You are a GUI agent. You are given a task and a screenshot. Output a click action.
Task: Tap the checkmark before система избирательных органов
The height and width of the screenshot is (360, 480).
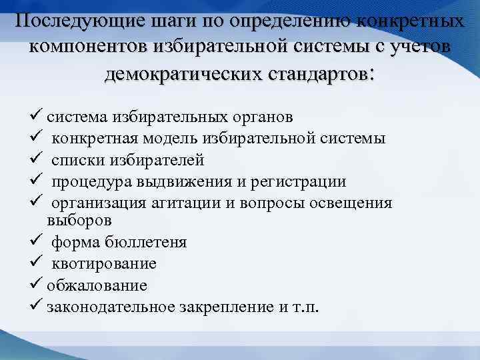(x=37, y=117)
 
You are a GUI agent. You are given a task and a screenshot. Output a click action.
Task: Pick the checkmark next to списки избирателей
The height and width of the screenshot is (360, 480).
(x=37, y=159)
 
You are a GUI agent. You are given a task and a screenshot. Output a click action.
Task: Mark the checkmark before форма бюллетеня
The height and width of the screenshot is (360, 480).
(x=37, y=241)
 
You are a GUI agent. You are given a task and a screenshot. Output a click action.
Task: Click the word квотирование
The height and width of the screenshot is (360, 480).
(x=105, y=263)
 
